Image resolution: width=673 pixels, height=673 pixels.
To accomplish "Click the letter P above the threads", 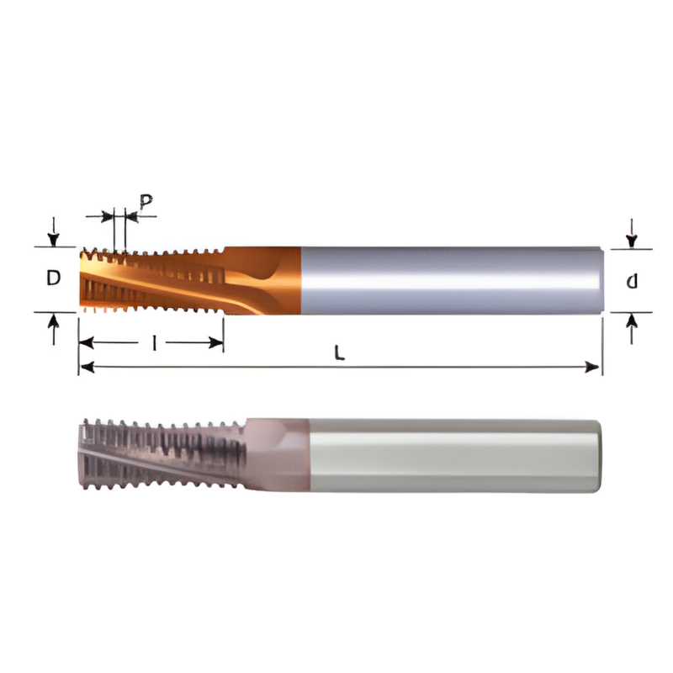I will [x=146, y=202].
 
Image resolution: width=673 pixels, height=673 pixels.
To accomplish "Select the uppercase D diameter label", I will [x=53, y=278].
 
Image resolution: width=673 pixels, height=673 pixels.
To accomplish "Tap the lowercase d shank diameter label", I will [x=631, y=281].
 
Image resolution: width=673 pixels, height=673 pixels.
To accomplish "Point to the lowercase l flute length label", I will [x=153, y=343].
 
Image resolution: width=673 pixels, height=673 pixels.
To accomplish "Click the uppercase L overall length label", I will [x=339, y=354].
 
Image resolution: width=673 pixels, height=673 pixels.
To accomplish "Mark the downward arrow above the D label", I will [x=54, y=236].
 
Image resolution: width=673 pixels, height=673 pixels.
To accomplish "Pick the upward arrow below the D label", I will [x=54, y=323].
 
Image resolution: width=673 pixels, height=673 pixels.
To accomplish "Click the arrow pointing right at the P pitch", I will [x=107, y=216].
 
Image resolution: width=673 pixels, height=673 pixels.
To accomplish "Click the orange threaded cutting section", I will [x=151, y=279].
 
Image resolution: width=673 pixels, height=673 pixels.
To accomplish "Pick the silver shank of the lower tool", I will [x=454, y=455].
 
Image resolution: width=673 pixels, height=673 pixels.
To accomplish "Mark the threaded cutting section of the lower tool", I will [x=160, y=455].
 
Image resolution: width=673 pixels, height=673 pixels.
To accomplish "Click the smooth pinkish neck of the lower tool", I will [x=278, y=455].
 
